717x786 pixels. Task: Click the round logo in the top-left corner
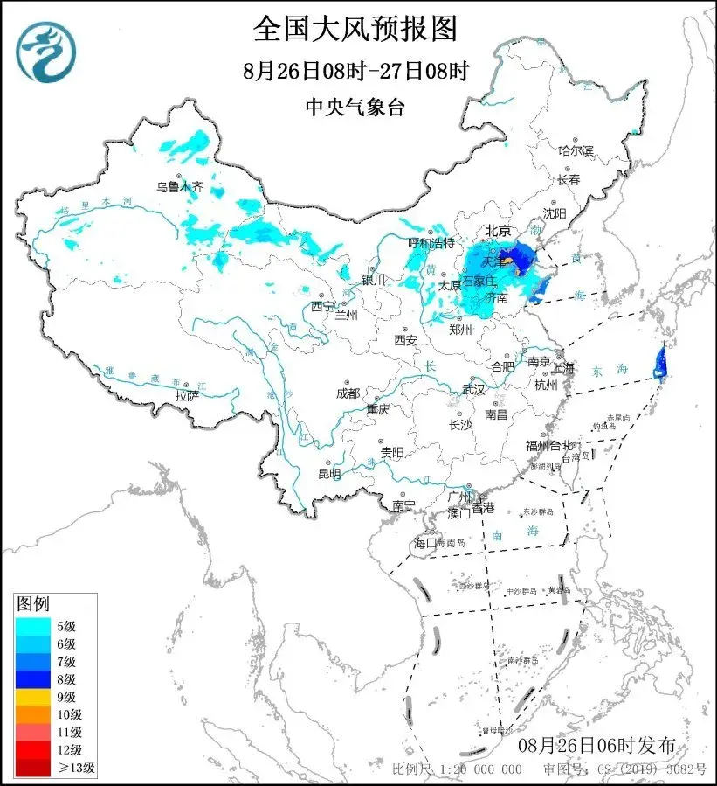click(46, 50)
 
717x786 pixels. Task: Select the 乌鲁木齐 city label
click(179, 185)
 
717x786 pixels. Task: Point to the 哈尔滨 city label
click(576, 150)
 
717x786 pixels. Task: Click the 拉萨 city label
click(187, 395)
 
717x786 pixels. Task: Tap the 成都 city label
click(347, 393)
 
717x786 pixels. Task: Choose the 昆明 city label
click(329, 473)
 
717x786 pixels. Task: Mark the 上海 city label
click(563, 368)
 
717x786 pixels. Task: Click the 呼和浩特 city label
click(431, 242)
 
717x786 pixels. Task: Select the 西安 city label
click(406, 339)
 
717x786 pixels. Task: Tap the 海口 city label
click(424, 543)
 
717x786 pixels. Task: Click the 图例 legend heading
click(33, 603)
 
